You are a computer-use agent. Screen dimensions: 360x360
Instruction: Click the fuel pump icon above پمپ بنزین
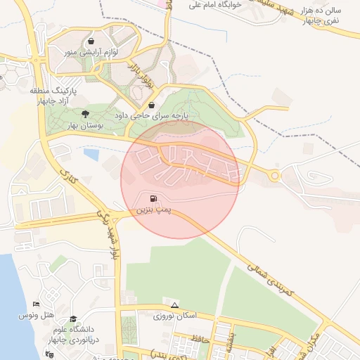tap(153, 198)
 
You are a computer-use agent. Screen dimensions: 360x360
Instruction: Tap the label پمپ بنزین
tap(153, 210)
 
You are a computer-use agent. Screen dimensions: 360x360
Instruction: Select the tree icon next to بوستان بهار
tap(85, 113)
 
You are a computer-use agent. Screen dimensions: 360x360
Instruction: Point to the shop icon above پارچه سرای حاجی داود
tap(152, 106)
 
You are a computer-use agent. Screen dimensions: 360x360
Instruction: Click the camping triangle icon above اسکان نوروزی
tap(174, 304)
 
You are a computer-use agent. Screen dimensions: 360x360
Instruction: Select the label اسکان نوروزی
tap(174, 316)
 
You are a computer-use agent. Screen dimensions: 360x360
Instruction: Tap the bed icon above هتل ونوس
tap(37, 304)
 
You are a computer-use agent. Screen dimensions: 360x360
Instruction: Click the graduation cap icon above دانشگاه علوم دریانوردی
tap(73, 319)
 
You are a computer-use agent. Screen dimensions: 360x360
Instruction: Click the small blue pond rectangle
tap(90, 153)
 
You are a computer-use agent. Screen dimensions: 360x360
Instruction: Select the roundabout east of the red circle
tap(274, 176)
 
